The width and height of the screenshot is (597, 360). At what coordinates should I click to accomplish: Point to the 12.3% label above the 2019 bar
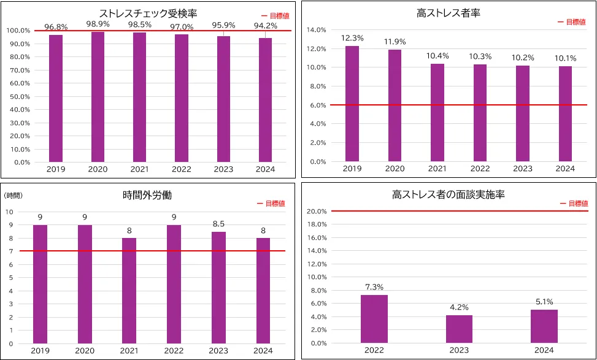coord(352,38)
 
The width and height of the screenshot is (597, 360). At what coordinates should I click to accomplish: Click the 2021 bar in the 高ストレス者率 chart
coord(437,113)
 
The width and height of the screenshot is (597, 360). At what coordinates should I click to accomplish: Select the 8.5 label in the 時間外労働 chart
coord(219,224)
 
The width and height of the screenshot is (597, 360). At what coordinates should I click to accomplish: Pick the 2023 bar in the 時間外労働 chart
coord(219,288)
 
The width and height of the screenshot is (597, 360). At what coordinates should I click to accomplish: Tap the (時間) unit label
coord(13,195)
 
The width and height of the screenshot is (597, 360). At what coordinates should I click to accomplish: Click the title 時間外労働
coord(147,195)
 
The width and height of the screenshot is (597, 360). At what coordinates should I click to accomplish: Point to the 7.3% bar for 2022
coord(374,319)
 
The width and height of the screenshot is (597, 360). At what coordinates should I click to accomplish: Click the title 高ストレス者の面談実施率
coord(448,195)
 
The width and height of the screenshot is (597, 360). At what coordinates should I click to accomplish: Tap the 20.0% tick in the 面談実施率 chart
coord(315,212)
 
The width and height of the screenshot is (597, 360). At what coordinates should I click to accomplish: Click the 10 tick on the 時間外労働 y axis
coord(9,212)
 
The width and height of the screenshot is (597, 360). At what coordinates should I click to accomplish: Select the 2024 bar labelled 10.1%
coord(565,114)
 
